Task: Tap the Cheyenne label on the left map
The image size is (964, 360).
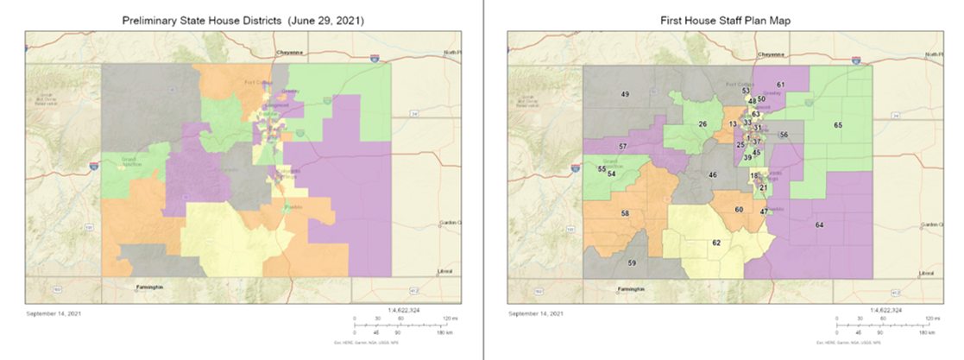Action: coord(287,53)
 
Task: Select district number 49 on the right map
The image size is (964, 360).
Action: coord(625,93)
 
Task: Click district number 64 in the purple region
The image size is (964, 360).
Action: coord(819,224)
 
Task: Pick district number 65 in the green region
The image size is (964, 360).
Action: coord(837,125)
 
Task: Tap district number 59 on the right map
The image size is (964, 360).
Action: coord(631,262)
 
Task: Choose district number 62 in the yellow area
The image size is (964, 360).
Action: coord(715,243)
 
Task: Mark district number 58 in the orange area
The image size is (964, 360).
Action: coord(624,212)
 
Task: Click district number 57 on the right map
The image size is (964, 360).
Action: coord(621,148)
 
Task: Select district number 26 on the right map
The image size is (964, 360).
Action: coord(703,124)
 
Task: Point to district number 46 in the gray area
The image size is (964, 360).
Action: coord(713,174)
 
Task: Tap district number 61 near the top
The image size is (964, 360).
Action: coord(780,84)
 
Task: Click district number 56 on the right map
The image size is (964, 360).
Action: coord(784,135)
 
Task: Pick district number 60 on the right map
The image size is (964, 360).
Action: coord(739,209)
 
